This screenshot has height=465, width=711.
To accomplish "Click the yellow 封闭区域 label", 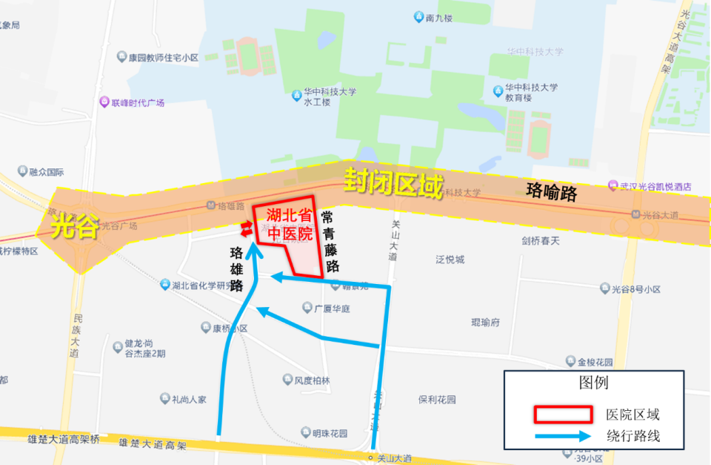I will pyautogui.click(x=393, y=183).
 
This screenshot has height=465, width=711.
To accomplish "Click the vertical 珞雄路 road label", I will pyautogui.click(x=237, y=269).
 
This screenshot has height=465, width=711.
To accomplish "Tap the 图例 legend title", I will pyautogui.click(x=593, y=383).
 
